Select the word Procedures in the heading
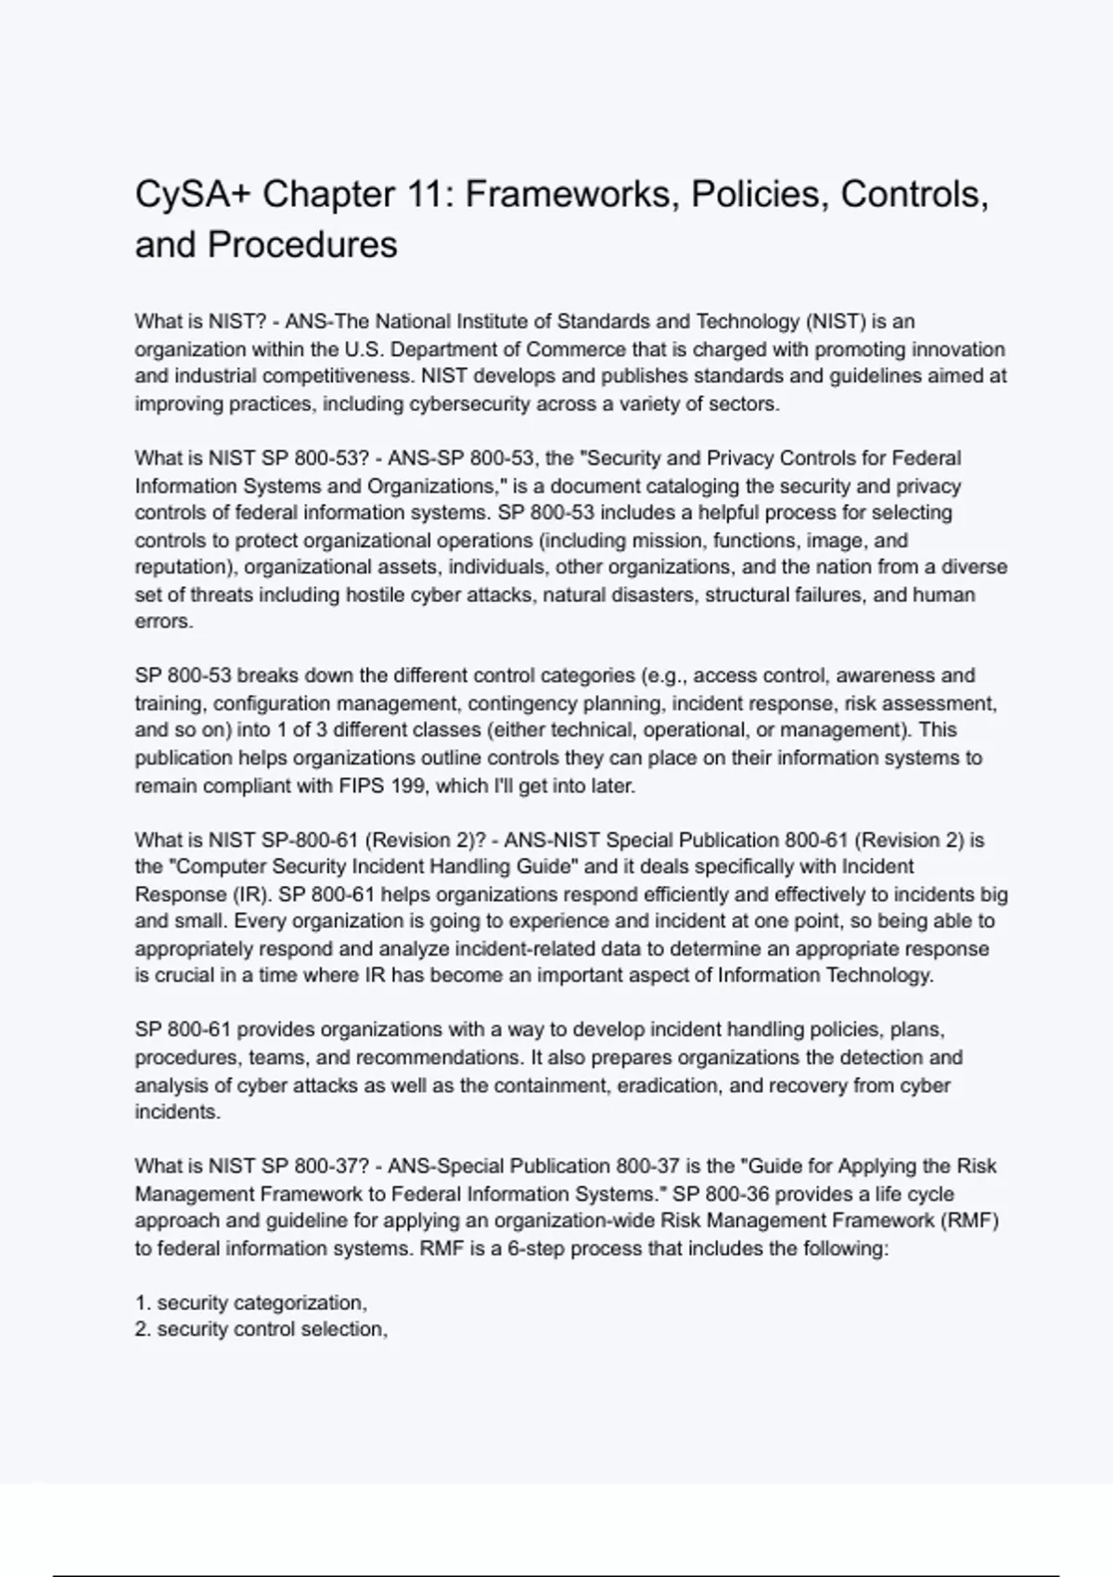coord(302,245)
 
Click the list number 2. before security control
coord(143,1329)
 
